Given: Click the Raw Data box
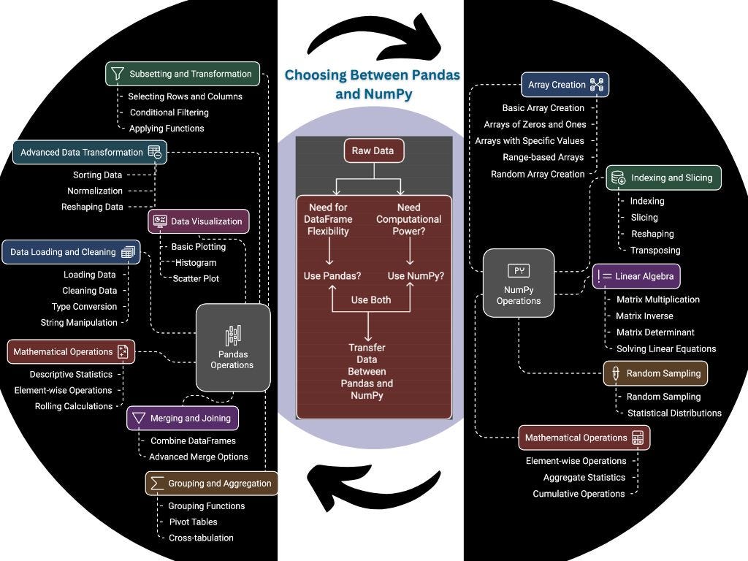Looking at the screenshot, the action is pyautogui.click(x=374, y=150).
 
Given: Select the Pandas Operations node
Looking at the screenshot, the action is pyautogui.click(x=233, y=347).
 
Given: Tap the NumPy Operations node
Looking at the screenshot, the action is pyautogui.click(x=519, y=283).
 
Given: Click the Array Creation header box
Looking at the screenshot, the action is pyautogui.click(x=565, y=85).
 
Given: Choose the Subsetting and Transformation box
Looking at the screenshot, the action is pyautogui.click(x=183, y=74).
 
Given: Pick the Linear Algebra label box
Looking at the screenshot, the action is pyautogui.click(x=636, y=276).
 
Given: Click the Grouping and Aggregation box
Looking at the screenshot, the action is pyautogui.click(x=211, y=484).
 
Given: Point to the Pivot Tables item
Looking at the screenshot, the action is pyautogui.click(x=193, y=522).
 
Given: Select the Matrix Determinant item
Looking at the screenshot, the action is pyautogui.click(x=655, y=332).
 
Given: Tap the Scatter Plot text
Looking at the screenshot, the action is pyautogui.click(x=196, y=278).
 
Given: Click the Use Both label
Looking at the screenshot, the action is pyautogui.click(x=371, y=300).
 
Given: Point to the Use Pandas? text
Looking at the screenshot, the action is pyautogui.click(x=332, y=275).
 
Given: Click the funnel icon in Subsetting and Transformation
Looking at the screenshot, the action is pyautogui.click(x=118, y=74).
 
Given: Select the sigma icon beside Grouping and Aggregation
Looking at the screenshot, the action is pyautogui.click(x=156, y=484).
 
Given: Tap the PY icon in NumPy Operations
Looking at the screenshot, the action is pyautogui.click(x=519, y=271).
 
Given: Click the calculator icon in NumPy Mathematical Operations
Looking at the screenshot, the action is pyautogui.click(x=638, y=438).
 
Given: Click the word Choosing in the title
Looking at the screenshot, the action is pyautogui.click(x=316, y=75).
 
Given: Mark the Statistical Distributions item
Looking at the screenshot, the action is pyautogui.click(x=674, y=413).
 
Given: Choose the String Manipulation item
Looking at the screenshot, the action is pyautogui.click(x=79, y=322).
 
